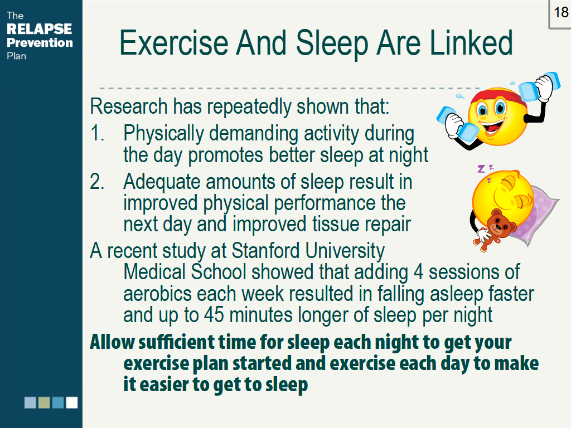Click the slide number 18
tap(560, 12)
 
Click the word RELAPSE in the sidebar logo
tap(39, 29)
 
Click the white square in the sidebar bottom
tap(72, 402)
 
